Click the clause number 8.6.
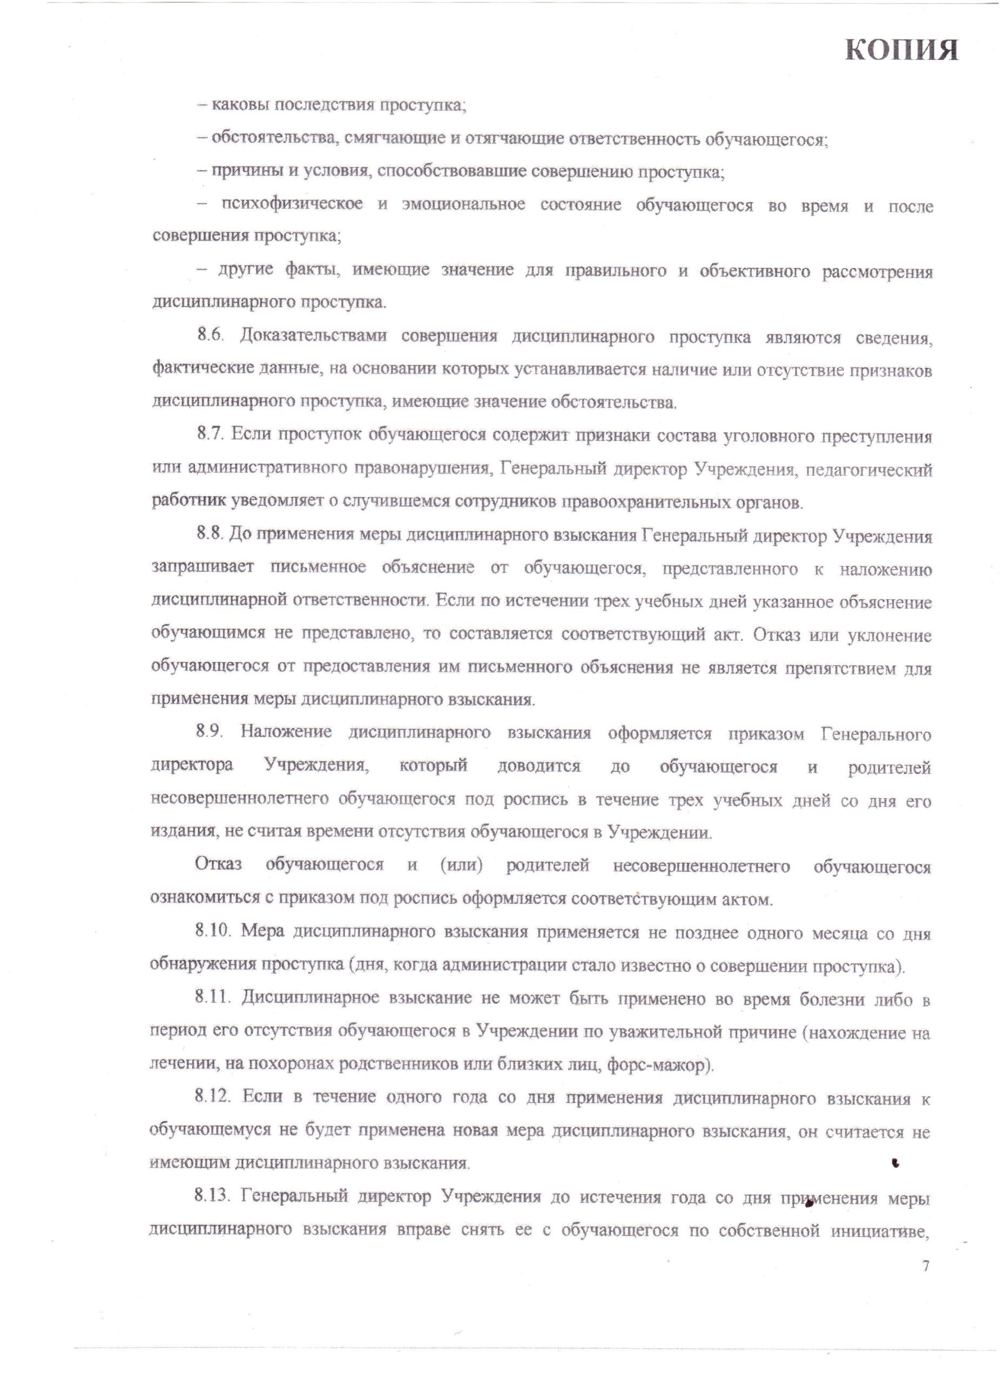click(210, 336)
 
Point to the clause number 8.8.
click(210, 536)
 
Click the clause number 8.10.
click(214, 932)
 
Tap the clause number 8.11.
click(213, 998)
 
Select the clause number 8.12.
click(214, 1098)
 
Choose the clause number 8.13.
click(214, 1197)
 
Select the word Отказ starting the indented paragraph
click(218, 866)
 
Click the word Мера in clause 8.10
click(260, 932)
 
